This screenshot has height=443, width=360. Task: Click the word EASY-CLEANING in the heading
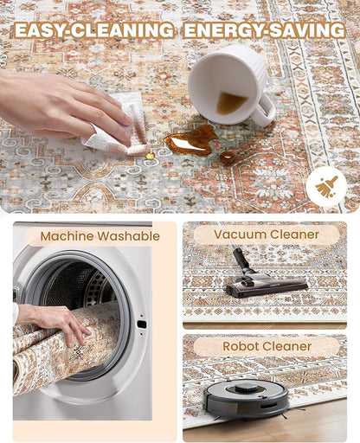(94, 30)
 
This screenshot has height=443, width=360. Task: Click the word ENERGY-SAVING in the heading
(264, 30)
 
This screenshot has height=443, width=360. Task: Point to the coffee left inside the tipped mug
(230, 103)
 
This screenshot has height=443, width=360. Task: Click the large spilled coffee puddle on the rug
(191, 141)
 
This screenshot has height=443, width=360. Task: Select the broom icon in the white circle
(326, 187)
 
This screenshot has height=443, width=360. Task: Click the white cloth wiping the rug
(121, 128)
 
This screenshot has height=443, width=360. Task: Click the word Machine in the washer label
(67, 236)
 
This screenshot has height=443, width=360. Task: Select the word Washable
(128, 236)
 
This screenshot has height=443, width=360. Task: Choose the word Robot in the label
(239, 346)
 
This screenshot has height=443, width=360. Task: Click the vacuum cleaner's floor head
(267, 285)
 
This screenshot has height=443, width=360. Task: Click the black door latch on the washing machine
(142, 324)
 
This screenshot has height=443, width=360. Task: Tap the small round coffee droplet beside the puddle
(228, 157)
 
